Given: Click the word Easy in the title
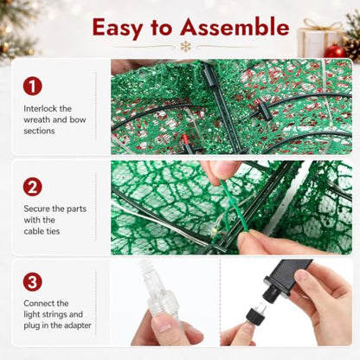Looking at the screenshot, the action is point(118,28).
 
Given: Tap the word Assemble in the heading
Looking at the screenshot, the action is point(235,27).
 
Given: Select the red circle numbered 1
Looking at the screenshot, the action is point(33,86).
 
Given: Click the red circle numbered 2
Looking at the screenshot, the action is point(33,187).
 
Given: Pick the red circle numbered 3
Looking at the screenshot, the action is point(33,282).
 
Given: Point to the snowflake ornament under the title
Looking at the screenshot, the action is point(186,47).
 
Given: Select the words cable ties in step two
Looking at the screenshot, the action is point(42,231).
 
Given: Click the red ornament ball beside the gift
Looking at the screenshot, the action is point(335,51).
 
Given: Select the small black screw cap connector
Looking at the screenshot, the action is point(256,313).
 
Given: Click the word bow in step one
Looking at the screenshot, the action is point(78,119).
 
